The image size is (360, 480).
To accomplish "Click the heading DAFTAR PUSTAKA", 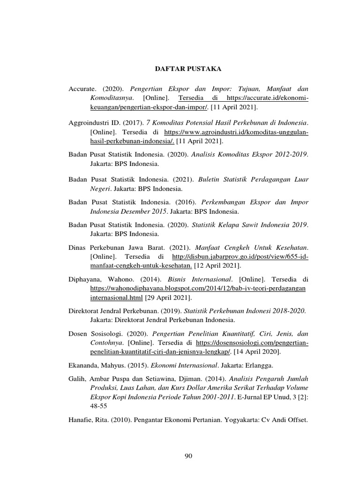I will click(x=188, y=69).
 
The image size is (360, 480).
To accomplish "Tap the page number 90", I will click(x=188, y=456).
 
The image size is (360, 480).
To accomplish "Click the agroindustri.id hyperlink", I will click(x=237, y=132).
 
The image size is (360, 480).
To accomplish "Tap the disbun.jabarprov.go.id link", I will click(x=240, y=257).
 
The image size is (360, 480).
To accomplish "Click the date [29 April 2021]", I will click(x=168, y=298).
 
